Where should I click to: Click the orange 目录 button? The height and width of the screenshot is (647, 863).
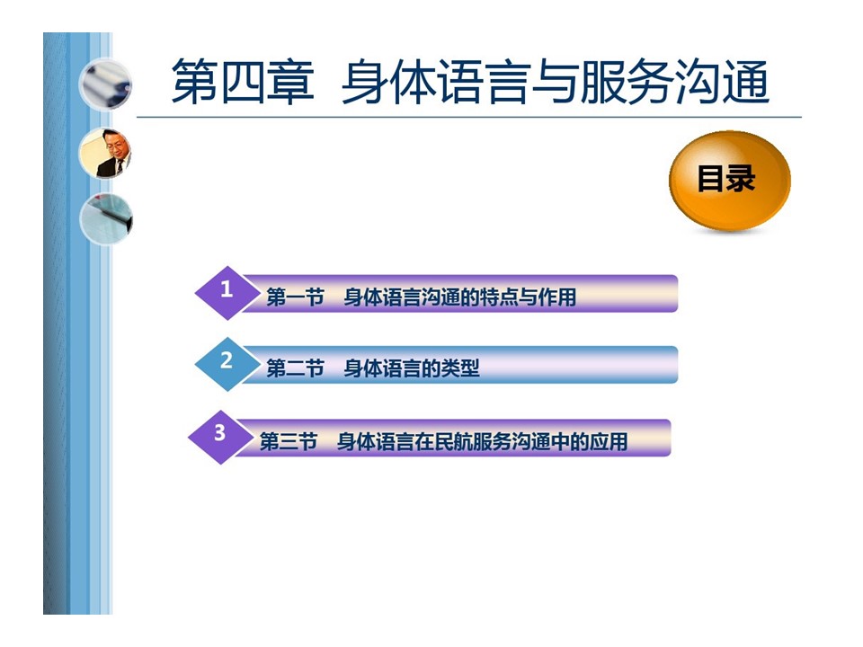[x=729, y=180]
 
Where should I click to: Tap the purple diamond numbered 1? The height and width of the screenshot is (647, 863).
[x=227, y=293]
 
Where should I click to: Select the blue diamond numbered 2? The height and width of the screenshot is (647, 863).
[x=227, y=364]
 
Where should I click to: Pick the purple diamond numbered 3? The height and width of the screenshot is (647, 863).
[x=220, y=437]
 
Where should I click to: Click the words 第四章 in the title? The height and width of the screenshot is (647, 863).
[x=243, y=82]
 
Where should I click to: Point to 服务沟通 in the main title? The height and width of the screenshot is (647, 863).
[x=674, y=82]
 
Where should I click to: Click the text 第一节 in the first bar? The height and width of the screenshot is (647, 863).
[x=295, y=297]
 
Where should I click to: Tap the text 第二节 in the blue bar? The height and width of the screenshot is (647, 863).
[x=295, y=368]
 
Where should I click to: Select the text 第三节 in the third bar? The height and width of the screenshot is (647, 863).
[x=289, y=441]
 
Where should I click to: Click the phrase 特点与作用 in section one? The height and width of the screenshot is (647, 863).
[x=528, y=297]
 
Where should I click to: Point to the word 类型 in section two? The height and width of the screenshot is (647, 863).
[x=460, y=368]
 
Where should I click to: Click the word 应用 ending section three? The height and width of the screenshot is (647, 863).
[x=609, y=441]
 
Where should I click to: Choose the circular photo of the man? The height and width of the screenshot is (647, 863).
[x=106, y=154]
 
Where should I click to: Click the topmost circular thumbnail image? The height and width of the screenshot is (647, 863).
[x=106, y=85]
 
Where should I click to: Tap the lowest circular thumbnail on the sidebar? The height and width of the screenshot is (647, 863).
[x=106, y=219]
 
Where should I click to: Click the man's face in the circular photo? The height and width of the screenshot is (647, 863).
[x=113, y=144]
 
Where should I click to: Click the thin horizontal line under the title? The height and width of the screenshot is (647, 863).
[x=469, y=117]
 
